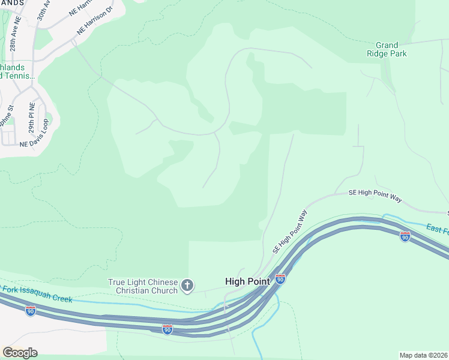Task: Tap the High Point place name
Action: [x=248, y=280]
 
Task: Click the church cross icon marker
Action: [x=187, y=286]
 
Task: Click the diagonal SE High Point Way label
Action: [x=291, y=231]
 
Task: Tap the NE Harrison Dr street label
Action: [x=94, y=23]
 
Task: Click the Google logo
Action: [x=20, y=352]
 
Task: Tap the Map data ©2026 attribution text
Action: [x=423, y=355]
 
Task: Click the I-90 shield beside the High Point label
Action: [x=280, y=279]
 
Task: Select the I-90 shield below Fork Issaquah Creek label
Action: [x=30, y=310]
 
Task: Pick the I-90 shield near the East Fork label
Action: [x=405, y=236]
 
